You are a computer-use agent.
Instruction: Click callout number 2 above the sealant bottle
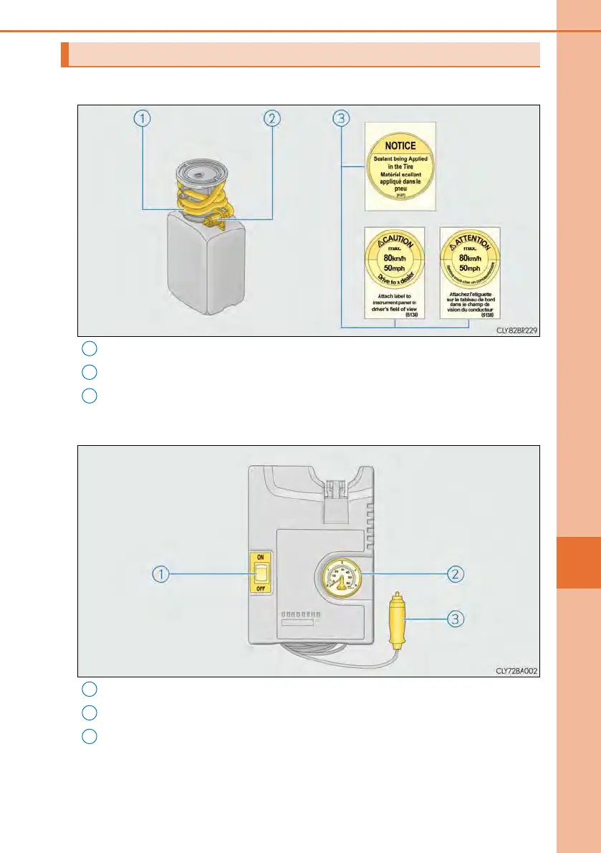[x=271, y=119]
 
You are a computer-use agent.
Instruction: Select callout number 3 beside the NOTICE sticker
[x=341, y=119]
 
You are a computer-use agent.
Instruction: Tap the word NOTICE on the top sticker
[x=400, y=146]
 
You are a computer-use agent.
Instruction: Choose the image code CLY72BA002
[x=516, y=672]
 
